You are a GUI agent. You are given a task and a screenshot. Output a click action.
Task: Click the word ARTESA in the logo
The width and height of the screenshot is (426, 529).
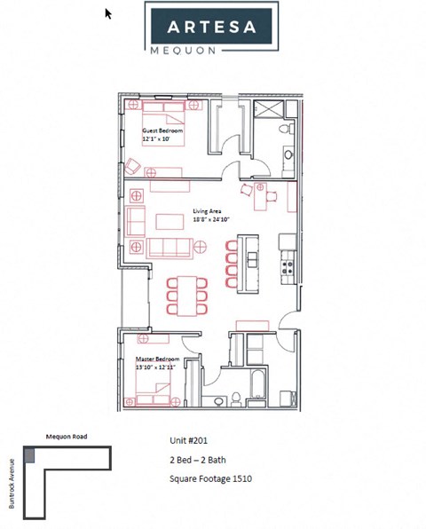[210, 27]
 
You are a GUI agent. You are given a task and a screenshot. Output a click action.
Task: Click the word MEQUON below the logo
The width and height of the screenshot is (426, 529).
[210, 51]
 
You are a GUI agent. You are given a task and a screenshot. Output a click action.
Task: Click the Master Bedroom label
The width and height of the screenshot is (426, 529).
[158, 359]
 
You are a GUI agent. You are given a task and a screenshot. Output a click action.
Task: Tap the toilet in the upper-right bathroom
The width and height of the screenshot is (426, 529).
[283, 130]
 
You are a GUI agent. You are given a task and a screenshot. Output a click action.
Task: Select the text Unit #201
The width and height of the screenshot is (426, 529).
[189, 440]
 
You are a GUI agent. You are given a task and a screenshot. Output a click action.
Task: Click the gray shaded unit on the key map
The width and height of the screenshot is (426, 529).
[30, 454]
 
